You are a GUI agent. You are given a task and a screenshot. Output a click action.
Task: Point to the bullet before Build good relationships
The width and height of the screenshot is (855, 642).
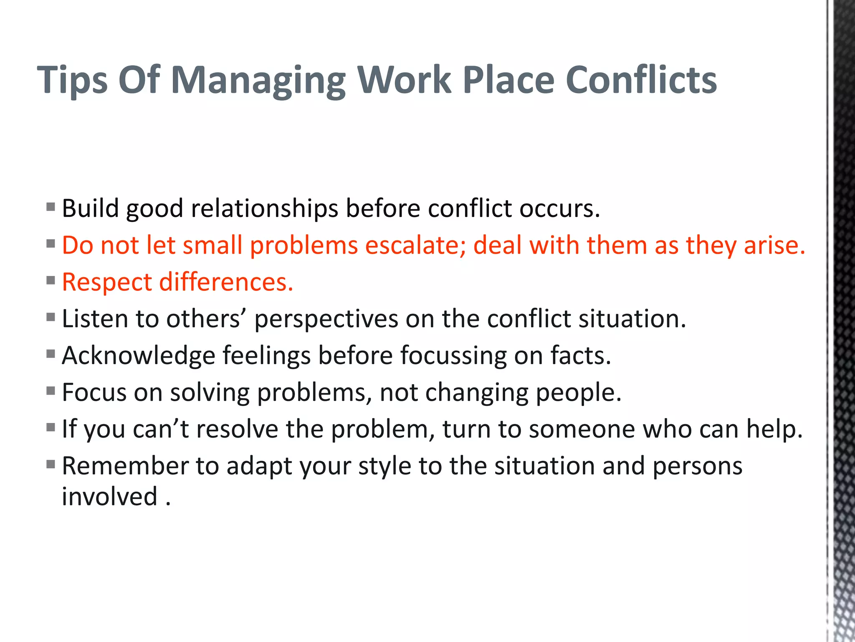[x=51, y=207]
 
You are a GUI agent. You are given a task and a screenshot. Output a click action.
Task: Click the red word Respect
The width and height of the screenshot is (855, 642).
[x=107, y=283]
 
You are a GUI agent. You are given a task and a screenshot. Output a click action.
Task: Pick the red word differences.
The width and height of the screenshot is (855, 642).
[x=226, y=282]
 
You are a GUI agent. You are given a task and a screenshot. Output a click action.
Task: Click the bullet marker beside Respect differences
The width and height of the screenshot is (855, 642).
[x=51, y=280]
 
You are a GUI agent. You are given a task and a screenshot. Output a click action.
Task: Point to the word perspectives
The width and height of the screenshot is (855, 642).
[x=326, y=319]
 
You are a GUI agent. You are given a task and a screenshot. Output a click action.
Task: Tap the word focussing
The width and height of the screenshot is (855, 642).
[x=453, y=356]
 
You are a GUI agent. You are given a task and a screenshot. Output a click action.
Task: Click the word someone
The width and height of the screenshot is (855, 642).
[x=582, y=429]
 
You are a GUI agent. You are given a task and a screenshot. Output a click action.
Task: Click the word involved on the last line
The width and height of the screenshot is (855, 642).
[x=110, y=497]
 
